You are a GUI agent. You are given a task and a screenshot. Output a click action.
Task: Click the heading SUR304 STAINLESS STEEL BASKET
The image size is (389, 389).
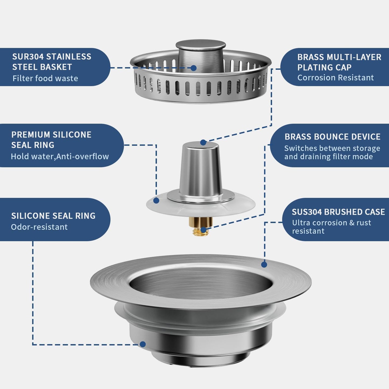[x=52, y=62]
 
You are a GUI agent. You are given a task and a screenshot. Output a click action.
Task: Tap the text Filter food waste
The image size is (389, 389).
[x=45, y=78]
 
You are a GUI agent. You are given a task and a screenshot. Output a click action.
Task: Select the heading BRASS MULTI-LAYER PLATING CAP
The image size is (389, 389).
[x=339, y=62]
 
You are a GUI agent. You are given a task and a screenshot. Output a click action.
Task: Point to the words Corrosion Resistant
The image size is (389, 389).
[x=335, y=78]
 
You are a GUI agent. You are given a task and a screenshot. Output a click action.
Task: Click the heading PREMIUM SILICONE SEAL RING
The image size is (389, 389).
[x=51, y=140]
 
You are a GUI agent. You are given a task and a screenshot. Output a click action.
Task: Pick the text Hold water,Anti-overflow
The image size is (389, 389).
[x=60, y=156]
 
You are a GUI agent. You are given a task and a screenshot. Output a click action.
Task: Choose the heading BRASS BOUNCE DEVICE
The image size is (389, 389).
[x=332, y=137]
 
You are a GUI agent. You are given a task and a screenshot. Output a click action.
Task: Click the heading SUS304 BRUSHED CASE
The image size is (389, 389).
[x=338, y=212]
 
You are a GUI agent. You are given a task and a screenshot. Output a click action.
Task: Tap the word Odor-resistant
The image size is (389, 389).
[x=39, y=227]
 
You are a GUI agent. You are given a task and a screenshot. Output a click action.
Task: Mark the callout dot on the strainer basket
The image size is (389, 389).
[x=194, y=68]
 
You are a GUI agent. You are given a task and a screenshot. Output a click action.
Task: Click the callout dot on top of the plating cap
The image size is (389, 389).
[x=203, y=142]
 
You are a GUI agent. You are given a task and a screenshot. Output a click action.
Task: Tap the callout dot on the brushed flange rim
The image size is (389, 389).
[x=264, y=265]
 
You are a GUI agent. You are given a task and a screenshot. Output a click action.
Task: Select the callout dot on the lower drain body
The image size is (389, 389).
[x=143, y=344]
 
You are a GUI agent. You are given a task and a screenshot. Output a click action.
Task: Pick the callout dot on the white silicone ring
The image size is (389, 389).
[x=156, y=201]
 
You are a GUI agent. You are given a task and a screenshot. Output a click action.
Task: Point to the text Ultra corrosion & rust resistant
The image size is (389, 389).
[x=332, y=227]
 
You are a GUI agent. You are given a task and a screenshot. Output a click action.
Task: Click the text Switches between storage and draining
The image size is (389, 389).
[x=332, y=152]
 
